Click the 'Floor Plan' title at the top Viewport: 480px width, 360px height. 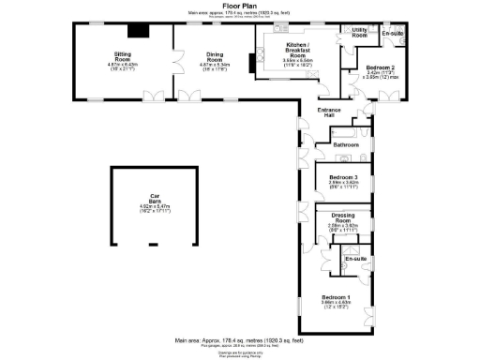click(x=239, y=5)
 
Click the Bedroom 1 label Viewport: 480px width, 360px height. click(x=337, y=297)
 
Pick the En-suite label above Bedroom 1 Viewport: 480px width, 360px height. click(x=354, y=258)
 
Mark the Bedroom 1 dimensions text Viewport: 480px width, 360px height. click(x=337, y=306)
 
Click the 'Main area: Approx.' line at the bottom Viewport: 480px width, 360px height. click(x=239, y=341)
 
